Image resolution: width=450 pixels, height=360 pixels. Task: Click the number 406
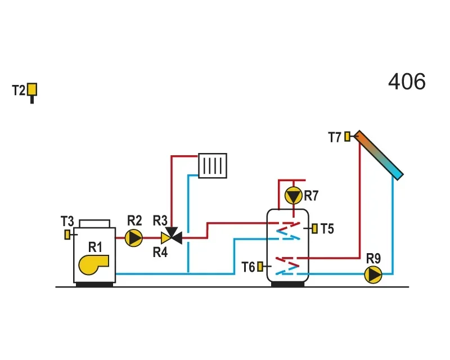pyautogui.click(x=407, y=82)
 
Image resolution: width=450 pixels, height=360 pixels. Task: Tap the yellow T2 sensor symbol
pyautogui.click(x=32, y=89)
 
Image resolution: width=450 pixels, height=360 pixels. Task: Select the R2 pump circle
pyautogui.click(x=134, y=238)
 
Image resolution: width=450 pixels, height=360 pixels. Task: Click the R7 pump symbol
pyautogui.click(x=293, y=196)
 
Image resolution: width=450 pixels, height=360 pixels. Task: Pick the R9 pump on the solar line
pyautogui.click(x=373, y=274)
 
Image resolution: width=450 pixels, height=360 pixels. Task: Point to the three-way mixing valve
pyautogui.click(x=172, y=236)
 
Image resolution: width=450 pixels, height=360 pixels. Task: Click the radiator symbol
pyautogui.click(x=213, y=165)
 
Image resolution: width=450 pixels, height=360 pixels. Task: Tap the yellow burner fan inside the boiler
pyautogui.click(x=93, y=264)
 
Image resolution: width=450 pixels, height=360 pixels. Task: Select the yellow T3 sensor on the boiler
pyautogui.click(x=67, y=235)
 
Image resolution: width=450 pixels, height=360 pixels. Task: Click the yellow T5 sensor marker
pyautogui.click(x=315, y=228)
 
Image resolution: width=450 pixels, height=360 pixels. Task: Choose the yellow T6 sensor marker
pyautogui.click(x=260, y=267)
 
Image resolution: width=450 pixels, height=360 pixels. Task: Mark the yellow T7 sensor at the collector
pyautogui.click(x=347, y=136)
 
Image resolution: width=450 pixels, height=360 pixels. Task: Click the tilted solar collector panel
pyautogui.click(x=379, y=155)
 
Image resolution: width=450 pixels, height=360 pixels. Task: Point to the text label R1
pyautogui.click(x=95, y=247)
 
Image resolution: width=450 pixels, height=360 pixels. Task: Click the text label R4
pyautogui.click(x=160, y=253)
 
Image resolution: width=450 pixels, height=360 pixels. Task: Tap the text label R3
pyautogui.click(x=160, y=220)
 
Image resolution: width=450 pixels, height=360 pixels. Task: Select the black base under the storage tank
pyautogui.click(x=287, y=284)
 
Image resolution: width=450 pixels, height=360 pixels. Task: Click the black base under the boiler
pyautogui.click(x=94, y=285)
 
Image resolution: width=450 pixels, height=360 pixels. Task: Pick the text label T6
pyautogui.click(x=248, y=267)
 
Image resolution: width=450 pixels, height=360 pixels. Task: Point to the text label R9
pyautogui.click(x=373, y=259)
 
